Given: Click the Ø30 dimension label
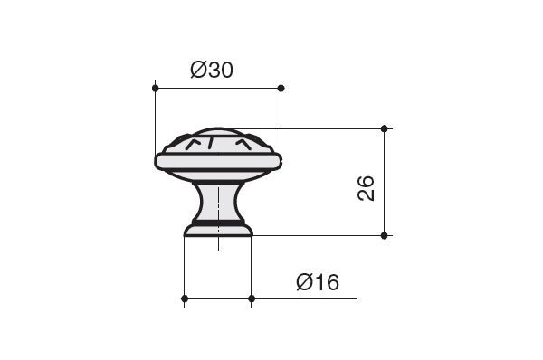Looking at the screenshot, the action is coord(212,70).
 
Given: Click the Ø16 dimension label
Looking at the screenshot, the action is coord(318,282).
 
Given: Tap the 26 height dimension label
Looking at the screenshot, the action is coord(366,188).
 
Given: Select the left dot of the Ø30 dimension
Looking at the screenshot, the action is coord(155,88).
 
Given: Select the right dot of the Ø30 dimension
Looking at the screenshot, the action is coord(281,88).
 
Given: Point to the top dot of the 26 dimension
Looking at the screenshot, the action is coord(384,128).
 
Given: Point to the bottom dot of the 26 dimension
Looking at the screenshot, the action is coord(384,235).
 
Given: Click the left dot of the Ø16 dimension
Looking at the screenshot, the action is coord(185,298).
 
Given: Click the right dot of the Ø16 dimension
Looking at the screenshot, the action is coord(252,298).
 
